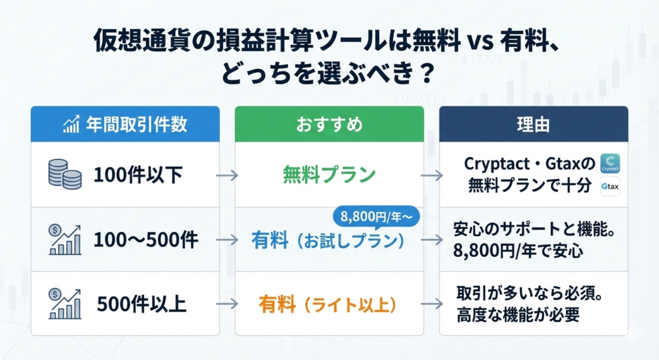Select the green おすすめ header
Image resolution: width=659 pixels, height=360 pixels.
329,124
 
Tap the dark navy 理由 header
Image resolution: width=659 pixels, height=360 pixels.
534,124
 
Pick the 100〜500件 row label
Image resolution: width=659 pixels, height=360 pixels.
145,240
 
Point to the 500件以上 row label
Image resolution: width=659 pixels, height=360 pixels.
140,303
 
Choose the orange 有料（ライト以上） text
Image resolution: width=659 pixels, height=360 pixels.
329,303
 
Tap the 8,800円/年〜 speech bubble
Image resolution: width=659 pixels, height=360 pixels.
373,214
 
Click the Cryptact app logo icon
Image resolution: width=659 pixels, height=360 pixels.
609,164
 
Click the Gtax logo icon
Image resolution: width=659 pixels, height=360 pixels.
609,187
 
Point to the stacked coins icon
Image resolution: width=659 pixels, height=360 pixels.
65,175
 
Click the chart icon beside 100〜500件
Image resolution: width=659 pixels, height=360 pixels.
65,240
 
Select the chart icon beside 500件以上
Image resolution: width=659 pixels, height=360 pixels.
65,303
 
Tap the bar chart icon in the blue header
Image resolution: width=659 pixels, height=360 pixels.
71,124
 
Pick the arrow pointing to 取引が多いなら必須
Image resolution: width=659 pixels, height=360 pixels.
431,303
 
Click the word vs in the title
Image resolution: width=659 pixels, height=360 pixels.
483,44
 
